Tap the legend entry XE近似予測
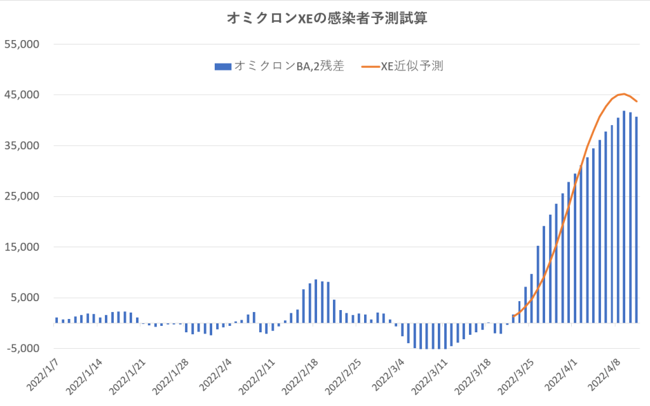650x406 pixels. coord(411,65)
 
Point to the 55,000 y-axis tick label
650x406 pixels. coord(22,44)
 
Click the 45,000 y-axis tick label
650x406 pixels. coord(22,95)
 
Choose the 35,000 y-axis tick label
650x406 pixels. coord(22,146)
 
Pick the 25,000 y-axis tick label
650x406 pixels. coord(22,196)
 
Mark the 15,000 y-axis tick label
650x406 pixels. coord(22,247)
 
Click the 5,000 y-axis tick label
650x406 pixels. coord(25,298)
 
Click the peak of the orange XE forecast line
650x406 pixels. coord(624,94)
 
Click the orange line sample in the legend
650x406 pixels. coord(369,65)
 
